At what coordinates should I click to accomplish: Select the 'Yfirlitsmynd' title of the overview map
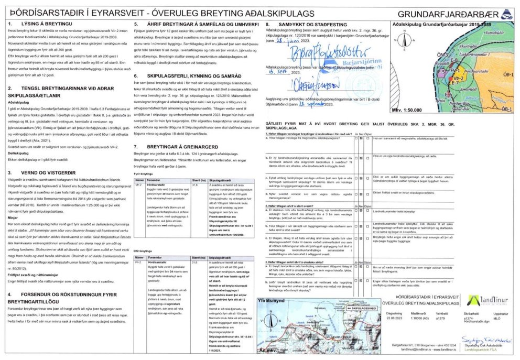point(274,301)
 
